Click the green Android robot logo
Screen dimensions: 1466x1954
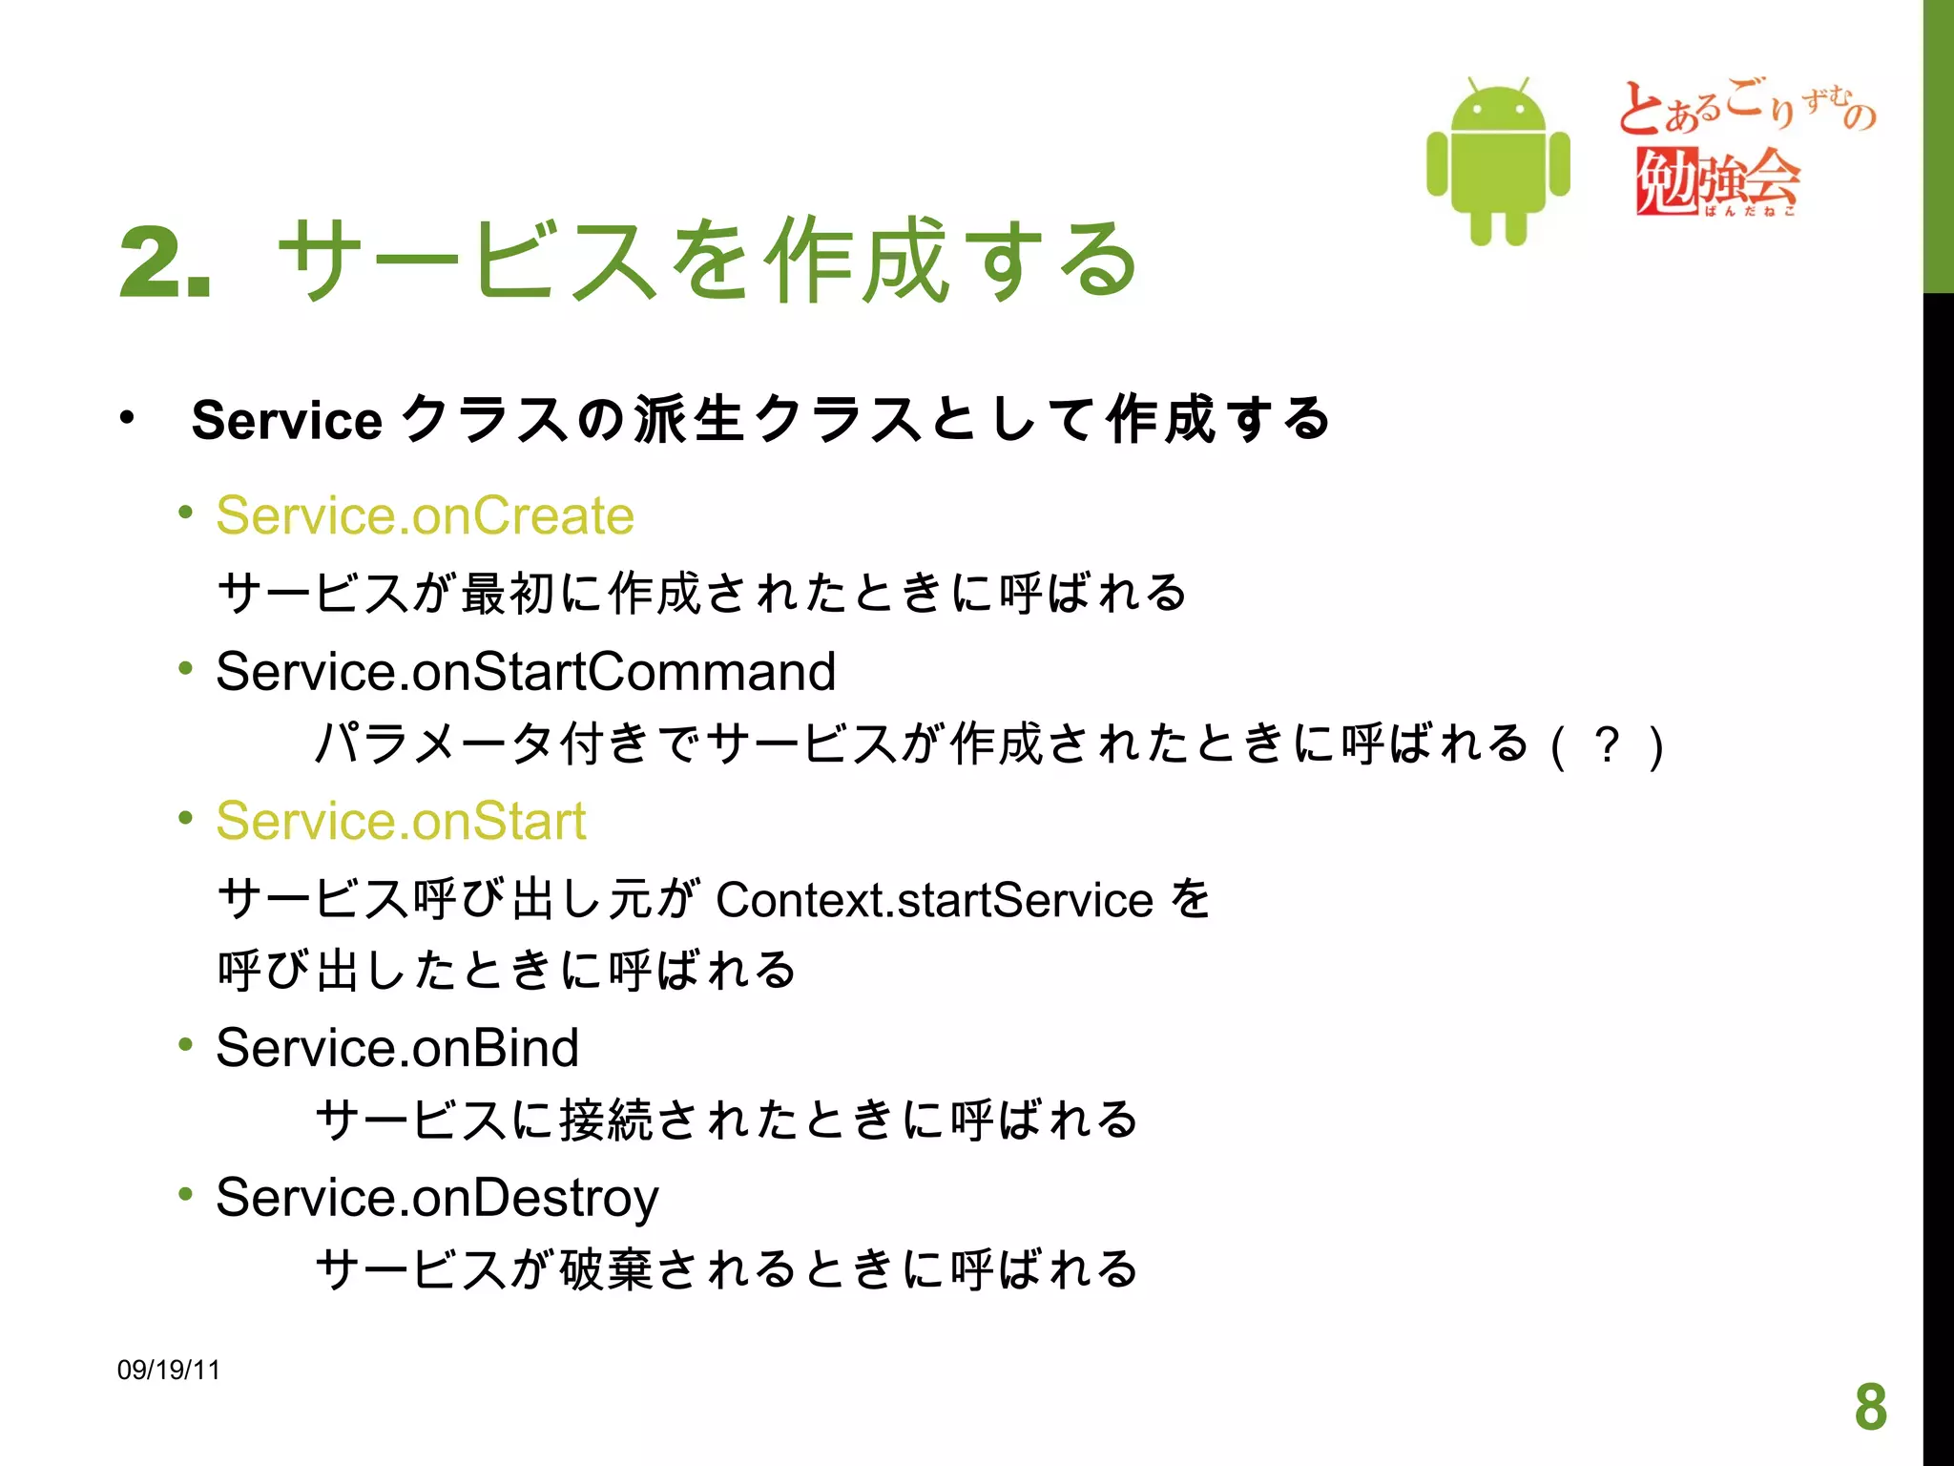point(1497,161)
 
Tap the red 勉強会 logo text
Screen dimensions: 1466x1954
point(1717,180)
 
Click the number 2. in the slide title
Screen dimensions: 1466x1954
point(164,262)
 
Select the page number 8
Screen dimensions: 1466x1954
point(1870,1407)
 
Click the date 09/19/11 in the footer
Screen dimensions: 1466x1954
point(168,1370)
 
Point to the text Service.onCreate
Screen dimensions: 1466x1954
point(425,516)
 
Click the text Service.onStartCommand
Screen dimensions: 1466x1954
point(526,671)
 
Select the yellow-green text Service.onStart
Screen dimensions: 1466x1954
point(401,821)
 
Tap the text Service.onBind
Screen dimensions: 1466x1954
point(397,1048)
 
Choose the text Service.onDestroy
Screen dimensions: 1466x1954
point(437,1198)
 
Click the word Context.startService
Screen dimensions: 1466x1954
point(934,900)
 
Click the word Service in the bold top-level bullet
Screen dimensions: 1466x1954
point(286,420)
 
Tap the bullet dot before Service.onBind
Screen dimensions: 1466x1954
point(185,1045)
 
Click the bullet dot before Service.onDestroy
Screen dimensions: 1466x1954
point(185,1194)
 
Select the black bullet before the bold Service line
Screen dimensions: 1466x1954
point(127,418)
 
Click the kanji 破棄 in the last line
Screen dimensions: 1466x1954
point(606,1270)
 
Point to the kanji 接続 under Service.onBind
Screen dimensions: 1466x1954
point(606,1120)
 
